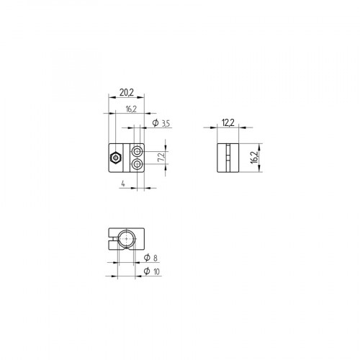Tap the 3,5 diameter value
coord(166,125)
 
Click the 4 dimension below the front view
coord(123,184)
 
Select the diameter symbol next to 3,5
coord(156,125)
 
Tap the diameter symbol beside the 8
coord(147,257)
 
